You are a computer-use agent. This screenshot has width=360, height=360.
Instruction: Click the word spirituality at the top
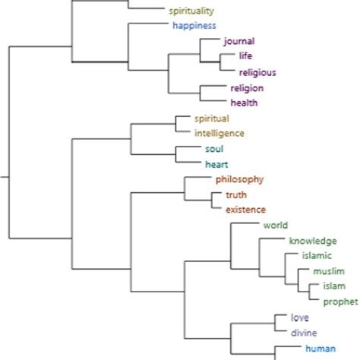coord(191,11)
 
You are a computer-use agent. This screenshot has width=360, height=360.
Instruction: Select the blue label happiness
coord(194,25)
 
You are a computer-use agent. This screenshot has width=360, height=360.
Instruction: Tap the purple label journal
coord(239,41)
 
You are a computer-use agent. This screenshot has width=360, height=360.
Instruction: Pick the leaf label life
coord(245,56)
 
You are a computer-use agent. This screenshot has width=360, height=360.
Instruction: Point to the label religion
coord(247,88)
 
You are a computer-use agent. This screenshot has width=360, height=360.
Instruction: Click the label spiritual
coord(211,118)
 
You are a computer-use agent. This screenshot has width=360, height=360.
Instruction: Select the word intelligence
coord(219,133)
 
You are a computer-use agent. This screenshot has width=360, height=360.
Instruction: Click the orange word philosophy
coord(239,179)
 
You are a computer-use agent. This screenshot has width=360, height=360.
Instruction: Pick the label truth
coord(236,195)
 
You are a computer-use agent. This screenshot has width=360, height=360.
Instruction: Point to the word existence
coord(245,209)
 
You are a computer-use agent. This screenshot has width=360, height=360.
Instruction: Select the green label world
coord(276,226)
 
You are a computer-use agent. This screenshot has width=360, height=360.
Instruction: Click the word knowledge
coord(312,241)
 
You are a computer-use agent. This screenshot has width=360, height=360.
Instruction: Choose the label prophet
coord(340,302)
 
